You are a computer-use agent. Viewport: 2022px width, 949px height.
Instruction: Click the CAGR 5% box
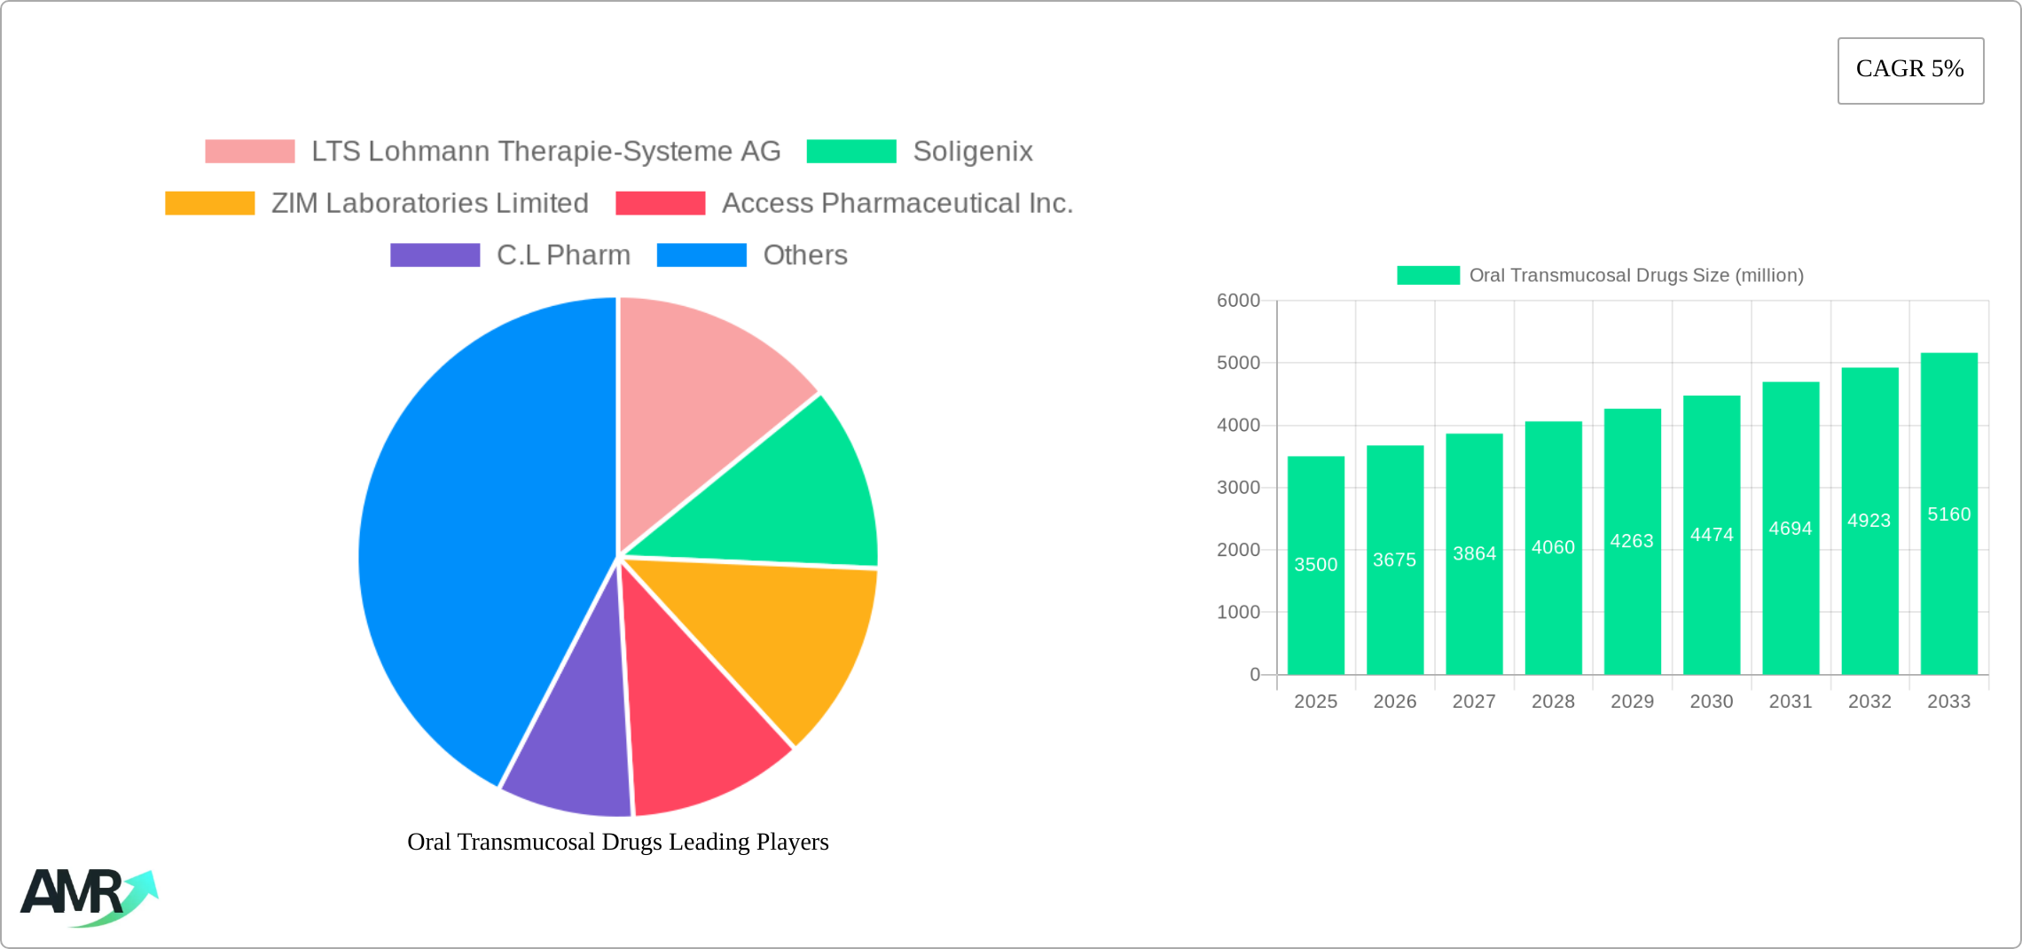click(x=1910, y=70)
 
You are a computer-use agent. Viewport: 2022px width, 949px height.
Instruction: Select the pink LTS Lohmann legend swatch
click(x=249, y=152)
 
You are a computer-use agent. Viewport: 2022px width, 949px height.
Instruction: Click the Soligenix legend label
click(x=972, y=152)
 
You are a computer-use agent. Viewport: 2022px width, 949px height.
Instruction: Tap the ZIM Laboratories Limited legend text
click(x=429, y=203)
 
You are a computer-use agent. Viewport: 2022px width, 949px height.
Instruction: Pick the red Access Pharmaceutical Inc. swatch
click(x=660, y=203)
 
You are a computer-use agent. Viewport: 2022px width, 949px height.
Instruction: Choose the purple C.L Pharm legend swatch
click(x=435, y=255)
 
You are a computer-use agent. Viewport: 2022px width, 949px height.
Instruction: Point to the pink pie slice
click(x=701, y=399)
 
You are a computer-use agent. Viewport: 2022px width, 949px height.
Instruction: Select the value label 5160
click(x=1948, y=514)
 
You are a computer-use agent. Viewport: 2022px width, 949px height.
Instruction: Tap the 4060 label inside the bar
click(x=1553, y=547)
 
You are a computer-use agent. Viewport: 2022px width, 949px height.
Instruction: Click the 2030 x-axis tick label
click(x=1711, y=702)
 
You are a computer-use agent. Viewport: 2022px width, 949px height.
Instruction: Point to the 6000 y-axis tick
click(x=1238, y=301)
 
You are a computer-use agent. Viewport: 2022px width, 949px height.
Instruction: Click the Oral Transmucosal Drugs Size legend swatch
click(x=1428, y=275)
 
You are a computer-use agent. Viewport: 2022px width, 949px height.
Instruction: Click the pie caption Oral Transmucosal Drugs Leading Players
click(x=617, y=842)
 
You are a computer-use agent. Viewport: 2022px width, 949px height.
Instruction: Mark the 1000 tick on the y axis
click(x=1238, y=612)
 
